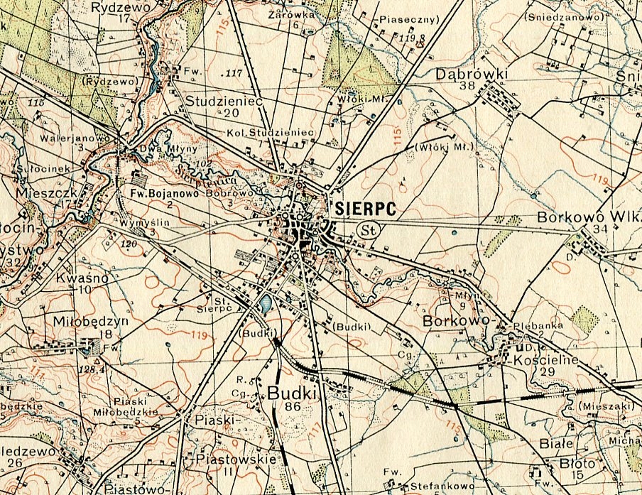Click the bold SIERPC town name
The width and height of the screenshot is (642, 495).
(364, 208)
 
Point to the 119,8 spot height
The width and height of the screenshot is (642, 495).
(411, 37)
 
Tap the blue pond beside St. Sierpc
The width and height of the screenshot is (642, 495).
(264, 305)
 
